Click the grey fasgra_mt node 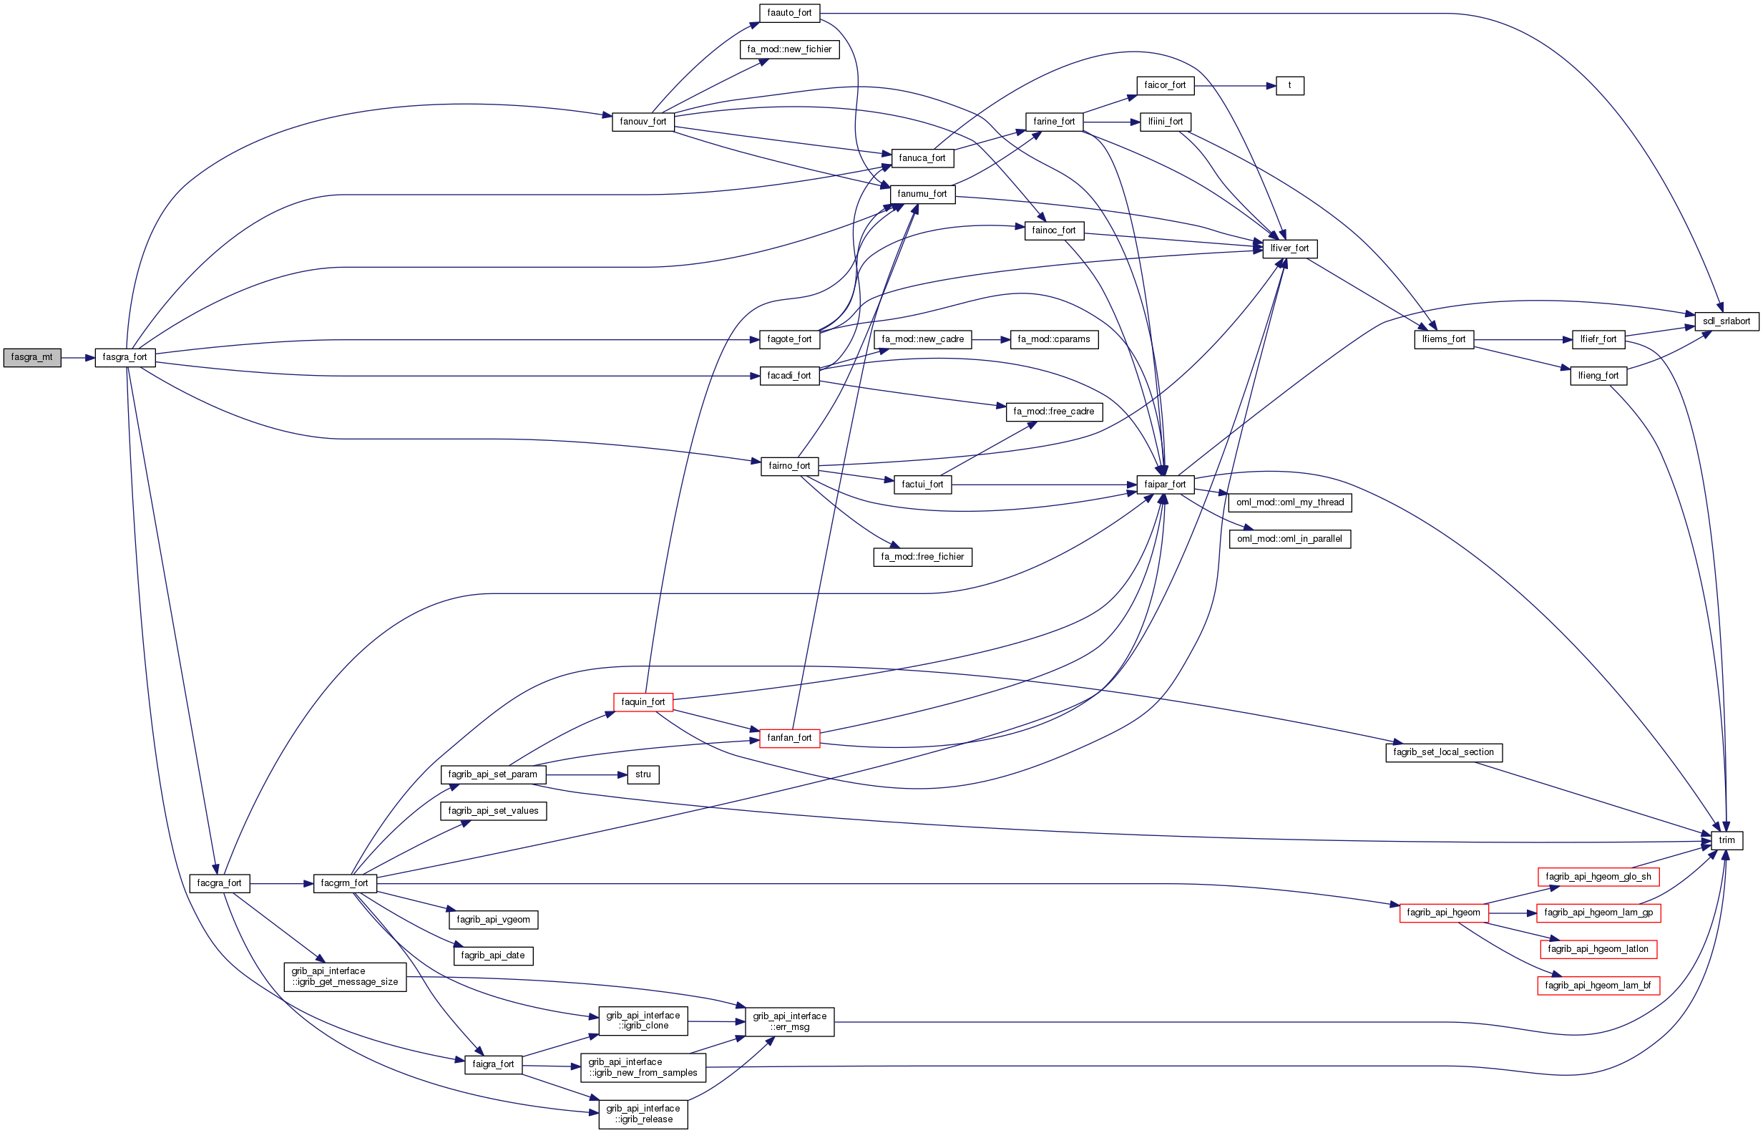tap(31, 358)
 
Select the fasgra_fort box tap(125, 358)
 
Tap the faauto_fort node tap(789, 14)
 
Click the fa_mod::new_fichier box tap(789, 49)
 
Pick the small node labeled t tap(1289, 85)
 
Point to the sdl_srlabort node tap(1727, 321)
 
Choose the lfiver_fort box tap(1289, 248)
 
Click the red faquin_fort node tap(643, 702)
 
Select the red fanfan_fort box tap(789, 738)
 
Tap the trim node tap(1727, 840)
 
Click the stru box tap(643, 774)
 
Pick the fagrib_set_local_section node tap(1443, 753)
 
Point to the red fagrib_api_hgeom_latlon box tap(1598, 949)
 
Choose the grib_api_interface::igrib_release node tap(643, 1114)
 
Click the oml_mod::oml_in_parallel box tap(1289, 539)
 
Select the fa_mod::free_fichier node tap(922, 557)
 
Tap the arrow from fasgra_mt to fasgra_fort tap(78, 359)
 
